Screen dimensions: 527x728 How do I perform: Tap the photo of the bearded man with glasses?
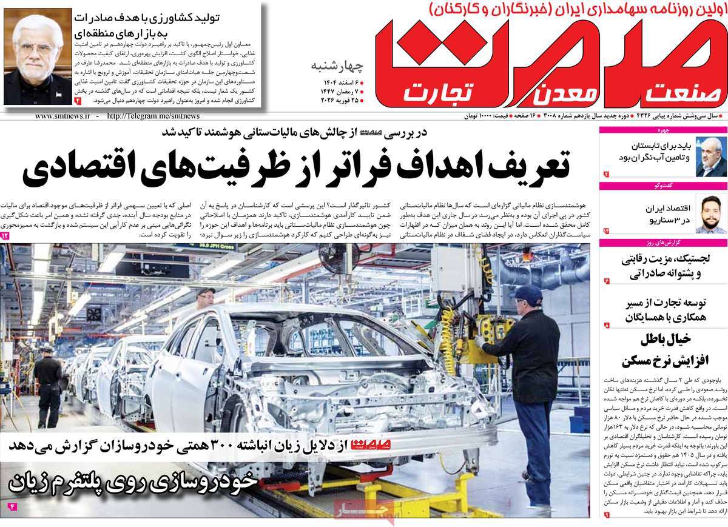710,213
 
